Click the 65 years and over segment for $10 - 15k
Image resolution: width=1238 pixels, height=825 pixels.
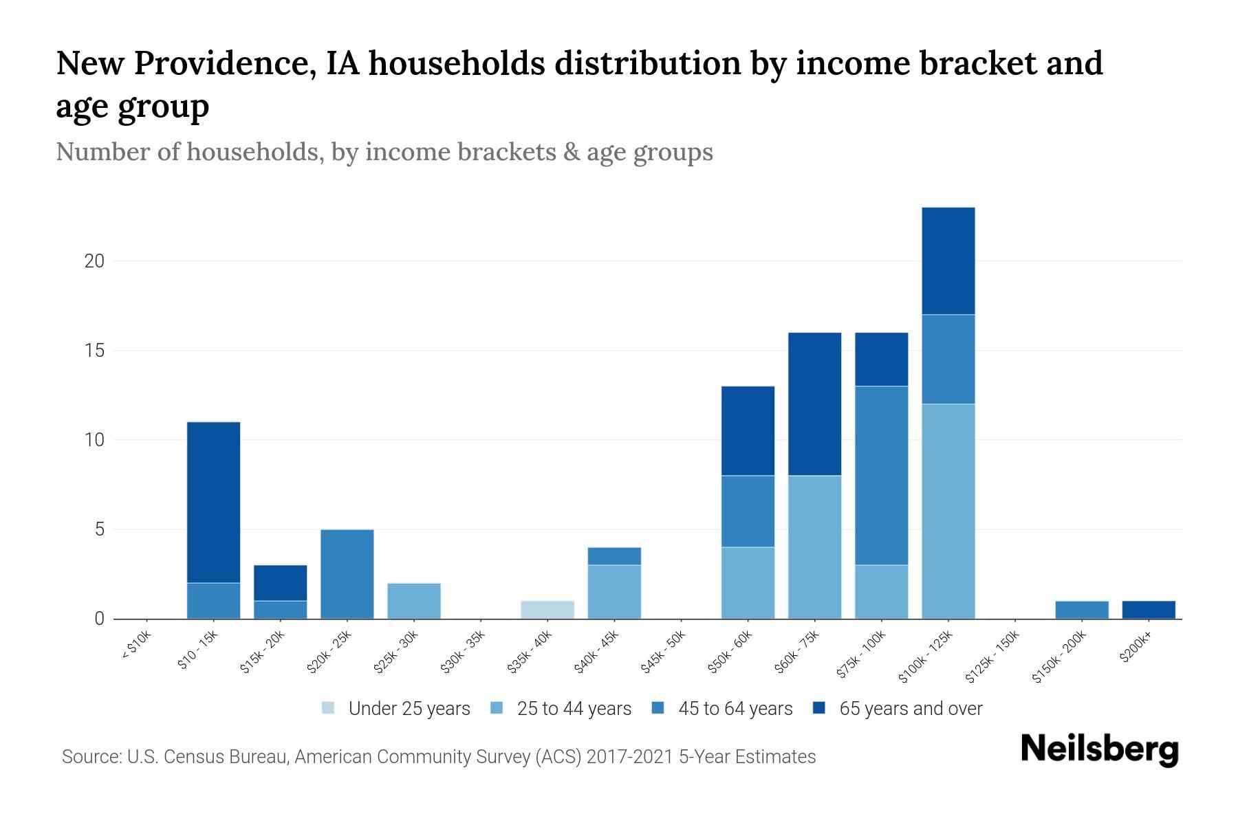coord(213,502)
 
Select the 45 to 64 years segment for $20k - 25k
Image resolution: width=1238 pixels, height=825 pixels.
coord(347,574)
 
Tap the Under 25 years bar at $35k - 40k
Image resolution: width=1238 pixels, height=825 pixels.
coord(547,610)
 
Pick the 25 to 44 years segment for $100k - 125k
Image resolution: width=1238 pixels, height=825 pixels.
coord(948,511)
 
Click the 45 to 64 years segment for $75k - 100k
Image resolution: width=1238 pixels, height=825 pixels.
coord(881,476)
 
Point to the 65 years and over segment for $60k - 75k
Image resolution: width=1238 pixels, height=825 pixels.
coord(814,404)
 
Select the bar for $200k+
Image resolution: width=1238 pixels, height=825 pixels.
coord(1149,610)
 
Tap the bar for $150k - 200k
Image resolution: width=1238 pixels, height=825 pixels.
coord(1082,610)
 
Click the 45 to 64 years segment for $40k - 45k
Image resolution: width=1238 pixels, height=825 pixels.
coord(614,556)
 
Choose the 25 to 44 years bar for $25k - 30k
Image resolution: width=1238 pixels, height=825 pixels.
coord(414,601)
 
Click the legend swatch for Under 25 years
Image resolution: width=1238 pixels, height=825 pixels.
coord(328,708)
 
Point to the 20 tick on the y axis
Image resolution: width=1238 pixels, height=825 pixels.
coord(95,261)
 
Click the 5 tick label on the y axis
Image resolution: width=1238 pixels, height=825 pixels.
coord(100,529)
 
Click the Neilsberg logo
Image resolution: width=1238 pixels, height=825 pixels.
coord(1099,749)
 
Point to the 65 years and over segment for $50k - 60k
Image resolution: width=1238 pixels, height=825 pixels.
coord(748,430)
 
